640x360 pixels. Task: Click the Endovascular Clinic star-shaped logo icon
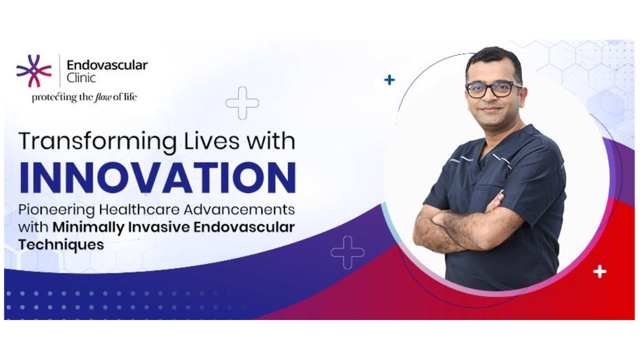tap(34, 70)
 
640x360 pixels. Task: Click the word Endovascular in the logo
tap(107, 66)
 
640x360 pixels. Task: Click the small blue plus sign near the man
tap(390, 80)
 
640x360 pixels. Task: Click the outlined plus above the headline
tap(242, 103)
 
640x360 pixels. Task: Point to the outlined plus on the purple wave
tap(347, 252)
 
